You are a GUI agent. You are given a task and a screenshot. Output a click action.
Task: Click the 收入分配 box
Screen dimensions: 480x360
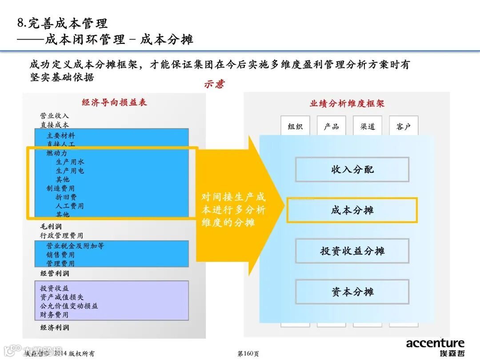[352, 169]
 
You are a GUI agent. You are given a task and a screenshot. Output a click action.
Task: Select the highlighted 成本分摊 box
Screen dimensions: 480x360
[352, 210]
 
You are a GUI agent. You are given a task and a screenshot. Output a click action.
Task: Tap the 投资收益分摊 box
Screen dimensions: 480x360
[352, 251]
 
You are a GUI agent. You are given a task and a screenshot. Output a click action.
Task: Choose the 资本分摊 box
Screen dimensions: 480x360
[352, 292]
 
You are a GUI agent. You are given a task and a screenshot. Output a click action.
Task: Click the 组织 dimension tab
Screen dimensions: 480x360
[295, 127]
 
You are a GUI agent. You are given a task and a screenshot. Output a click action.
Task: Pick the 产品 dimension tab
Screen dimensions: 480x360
[332, 127]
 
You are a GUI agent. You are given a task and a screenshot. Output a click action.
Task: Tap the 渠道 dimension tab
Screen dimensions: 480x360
[368, 127]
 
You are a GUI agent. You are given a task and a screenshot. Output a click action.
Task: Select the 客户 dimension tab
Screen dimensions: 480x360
[404, 127]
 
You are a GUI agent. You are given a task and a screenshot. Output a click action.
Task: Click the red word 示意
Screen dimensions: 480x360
[215, 84]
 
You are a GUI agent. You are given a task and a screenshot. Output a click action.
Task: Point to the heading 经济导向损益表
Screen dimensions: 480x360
[114, 102]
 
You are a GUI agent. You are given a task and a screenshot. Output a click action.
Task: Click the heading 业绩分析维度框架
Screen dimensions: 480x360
[347, 104]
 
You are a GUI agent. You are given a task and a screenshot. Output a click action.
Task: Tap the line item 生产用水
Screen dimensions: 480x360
[70, 162]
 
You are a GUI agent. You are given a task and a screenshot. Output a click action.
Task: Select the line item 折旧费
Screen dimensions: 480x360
[66, 197]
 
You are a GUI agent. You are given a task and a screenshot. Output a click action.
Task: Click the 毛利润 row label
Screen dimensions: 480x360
[51, 227]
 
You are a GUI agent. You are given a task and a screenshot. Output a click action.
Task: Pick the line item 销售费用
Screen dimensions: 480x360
[60, 255]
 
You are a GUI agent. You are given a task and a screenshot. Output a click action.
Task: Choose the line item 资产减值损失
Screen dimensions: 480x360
[62, 297]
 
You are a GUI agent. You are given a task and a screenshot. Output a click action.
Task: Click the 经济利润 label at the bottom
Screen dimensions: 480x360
[55, 328]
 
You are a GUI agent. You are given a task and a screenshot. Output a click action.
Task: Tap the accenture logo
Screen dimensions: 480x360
[435, 343]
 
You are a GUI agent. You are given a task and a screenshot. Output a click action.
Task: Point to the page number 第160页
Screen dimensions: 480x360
[248, 354]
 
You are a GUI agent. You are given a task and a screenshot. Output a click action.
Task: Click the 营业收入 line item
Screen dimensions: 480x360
[55, 116]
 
